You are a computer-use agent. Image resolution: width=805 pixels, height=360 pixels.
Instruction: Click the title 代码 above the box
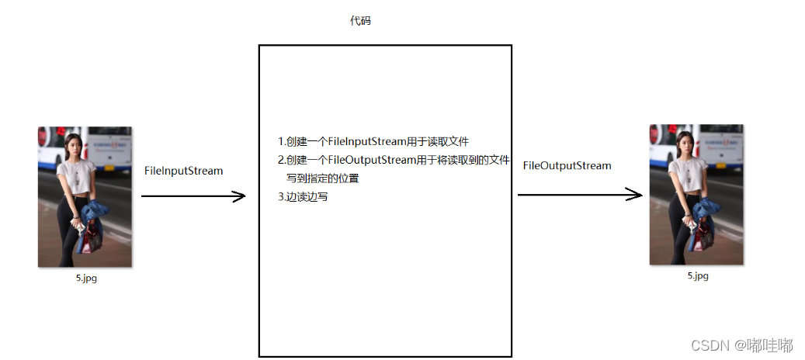[x=360, y=22]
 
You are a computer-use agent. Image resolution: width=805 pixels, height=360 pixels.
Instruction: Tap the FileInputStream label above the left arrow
[x=183, y=171]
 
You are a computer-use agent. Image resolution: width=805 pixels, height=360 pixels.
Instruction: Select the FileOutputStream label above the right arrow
[x=567, y=165]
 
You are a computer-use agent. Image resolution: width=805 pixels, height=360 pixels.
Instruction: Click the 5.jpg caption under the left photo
[x=86, y=279]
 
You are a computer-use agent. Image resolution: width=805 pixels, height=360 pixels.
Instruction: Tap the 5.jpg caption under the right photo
[x=697, y=275]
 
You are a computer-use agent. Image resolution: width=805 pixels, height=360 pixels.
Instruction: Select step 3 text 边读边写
[x=307, y=196]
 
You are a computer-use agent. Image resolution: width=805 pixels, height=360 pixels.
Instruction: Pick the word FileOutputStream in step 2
[x=370, y=160]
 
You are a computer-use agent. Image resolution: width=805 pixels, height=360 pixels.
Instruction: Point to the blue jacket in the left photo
[x=96, y=215]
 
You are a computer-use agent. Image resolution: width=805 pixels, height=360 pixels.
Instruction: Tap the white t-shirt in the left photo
[x=74, y=172]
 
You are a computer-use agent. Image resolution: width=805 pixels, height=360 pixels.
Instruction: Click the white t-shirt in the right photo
[x=685, y=170]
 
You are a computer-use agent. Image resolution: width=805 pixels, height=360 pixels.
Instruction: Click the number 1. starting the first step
[x=282, y=141]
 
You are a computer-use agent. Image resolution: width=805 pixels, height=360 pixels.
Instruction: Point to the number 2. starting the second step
[x=282, y=160]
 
